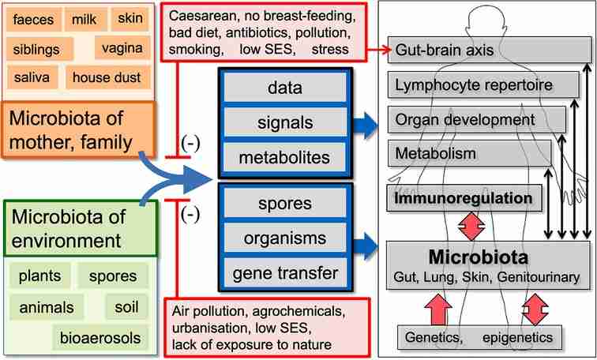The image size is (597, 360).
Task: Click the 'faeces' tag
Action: [33, 19]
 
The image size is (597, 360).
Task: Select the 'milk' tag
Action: [85, 19]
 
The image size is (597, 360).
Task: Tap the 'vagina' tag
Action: [122, 47]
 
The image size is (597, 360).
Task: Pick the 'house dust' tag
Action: [107, 77]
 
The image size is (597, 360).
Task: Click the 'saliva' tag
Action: [32, 77]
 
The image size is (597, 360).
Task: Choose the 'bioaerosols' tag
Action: [100, 338]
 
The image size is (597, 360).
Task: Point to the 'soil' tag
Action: [126, 307]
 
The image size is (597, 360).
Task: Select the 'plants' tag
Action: [40, 276]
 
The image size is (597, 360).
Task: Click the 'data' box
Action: [285, 87]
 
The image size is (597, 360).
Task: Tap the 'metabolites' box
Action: [285, 157]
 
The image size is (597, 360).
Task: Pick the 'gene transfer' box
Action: [285, 273]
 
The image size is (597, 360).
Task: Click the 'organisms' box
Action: [285, 238]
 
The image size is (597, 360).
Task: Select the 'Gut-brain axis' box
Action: [490, 50]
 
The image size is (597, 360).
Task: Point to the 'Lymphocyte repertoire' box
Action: [483, 84]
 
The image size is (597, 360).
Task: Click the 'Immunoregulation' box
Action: [464, 198]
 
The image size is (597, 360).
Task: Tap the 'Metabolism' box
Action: [469, 153]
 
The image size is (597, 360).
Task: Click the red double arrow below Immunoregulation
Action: [471, 227]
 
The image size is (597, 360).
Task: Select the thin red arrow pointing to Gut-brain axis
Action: [379, 50]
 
